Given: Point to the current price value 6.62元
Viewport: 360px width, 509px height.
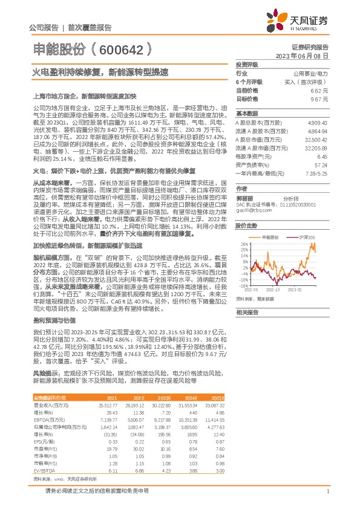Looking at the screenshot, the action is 319,89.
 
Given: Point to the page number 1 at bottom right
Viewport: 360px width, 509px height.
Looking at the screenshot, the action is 327,491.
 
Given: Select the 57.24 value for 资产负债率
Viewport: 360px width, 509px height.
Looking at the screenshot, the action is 320,164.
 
